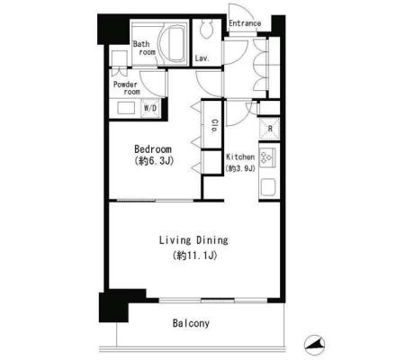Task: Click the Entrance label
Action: [x=245, y=23]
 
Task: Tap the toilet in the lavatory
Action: [x=207, y=29]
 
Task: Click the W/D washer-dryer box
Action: [x=150, y=108]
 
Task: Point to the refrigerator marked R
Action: [x=269, y=129]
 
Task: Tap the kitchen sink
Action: [x=268, y=187]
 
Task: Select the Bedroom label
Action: [x=153, y=149]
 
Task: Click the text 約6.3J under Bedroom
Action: [x=155, y=161]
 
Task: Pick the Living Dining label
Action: [x=193, y=240]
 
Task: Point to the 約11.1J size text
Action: [x=194, y=256]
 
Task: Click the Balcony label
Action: [x=191, y=323]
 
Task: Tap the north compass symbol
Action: [x=315, y=344]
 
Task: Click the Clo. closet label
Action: [x=214, y=126]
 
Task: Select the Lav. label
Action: [x=202, y=58]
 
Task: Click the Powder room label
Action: [x=127, y=88]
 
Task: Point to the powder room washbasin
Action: [x=126, y=108]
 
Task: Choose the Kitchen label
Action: [x=240, y=157]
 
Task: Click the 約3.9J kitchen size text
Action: [x=240, y=168]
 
